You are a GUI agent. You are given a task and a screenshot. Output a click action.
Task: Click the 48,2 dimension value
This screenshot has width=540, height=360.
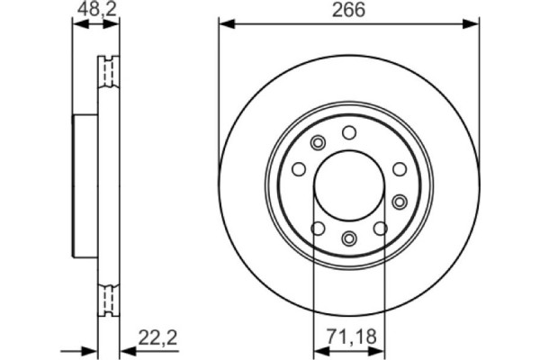[94, 11]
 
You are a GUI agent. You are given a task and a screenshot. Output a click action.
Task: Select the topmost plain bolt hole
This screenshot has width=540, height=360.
[349, 133]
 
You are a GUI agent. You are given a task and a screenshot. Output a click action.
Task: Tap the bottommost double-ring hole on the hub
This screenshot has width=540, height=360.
[349, 238]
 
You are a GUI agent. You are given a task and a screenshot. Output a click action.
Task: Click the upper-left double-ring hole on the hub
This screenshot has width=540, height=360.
[317, 143]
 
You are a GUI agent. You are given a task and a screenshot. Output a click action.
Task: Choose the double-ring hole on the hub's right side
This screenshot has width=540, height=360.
[399, 201]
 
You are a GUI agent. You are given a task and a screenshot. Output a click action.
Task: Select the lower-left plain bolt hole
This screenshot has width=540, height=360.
[317, 228]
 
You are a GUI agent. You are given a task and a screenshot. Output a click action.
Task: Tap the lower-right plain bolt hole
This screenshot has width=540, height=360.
[381, 228]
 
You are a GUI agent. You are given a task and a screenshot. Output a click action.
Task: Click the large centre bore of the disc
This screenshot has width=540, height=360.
[349, 185]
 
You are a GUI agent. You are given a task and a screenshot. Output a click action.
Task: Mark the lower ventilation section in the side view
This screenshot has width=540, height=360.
[108, 298]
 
